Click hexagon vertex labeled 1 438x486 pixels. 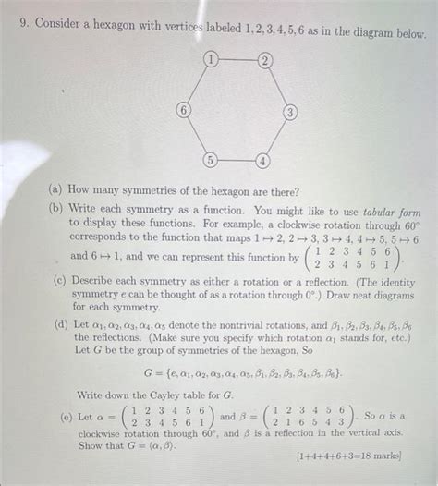(212, 61)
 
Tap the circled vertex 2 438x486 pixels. (266, 61)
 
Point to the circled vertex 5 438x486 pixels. (212, 160)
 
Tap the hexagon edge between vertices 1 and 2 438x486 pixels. (238, 61)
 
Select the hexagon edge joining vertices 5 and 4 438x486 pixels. (237, 162)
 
